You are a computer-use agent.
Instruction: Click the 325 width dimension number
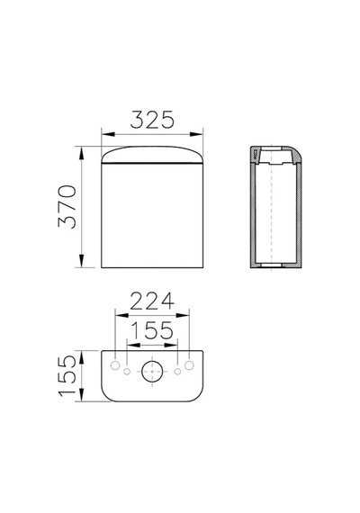pyautogui.click(x=152, y=120)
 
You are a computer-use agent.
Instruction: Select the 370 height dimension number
pyautogui.click(x=67, y=206)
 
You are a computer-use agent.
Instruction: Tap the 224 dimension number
pyautogui.click(x=152, y=301)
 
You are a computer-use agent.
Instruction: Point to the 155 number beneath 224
pyautogui.click(x=152, y=330)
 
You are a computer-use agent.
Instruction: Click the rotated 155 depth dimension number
pyautogui.click(x=67, y=376)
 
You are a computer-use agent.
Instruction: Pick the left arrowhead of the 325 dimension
pyautogui.click(x=108, y=134)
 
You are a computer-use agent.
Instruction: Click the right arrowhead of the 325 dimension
pyautogui.click(x=196, y=134)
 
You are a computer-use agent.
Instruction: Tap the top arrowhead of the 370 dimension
pyautogui.click(x=82, y=153)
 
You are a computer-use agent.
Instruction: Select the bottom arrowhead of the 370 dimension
pyautogui.click(x=82, y=261)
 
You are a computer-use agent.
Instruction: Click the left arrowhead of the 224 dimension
pyautogui.click(x=121, y=315)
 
